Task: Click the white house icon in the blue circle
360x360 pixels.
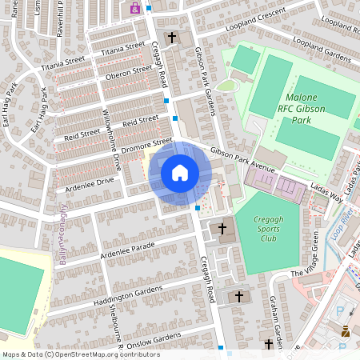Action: (179, 172)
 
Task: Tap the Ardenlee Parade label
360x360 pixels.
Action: (126, 250)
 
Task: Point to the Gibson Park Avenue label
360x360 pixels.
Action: (242, 159)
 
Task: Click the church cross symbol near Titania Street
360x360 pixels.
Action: (171, 38)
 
